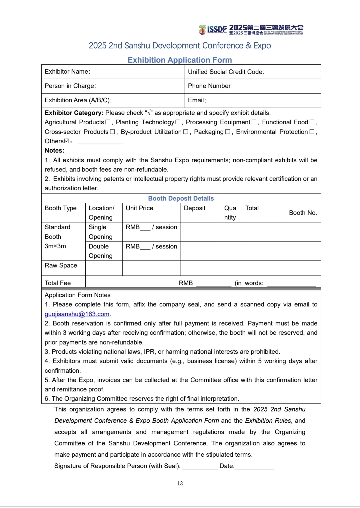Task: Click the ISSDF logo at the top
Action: coord(213,30)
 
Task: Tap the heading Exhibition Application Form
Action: coord(180,60)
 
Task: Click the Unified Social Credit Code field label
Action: coord(226,72)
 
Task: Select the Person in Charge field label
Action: coord(70,86)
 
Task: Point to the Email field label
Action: coord(197,100)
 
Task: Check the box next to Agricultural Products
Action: coord(108,122)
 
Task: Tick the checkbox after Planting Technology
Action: coord(178,122)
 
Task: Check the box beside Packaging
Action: coord(227,132)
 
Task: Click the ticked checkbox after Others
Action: coord(67,141)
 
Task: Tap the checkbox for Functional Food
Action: coord(312,122)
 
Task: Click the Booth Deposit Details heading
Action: coord(181,199)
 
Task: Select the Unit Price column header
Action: coord(139,208)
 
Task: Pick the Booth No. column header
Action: coord(303,213)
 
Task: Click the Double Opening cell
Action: coord(100,251)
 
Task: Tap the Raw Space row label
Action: coord(61,265)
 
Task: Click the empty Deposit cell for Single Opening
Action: coord(201,232)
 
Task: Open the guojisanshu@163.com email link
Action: coord(77,314)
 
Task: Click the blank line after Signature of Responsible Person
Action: coord(200,466)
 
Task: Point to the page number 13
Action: coord(180,484)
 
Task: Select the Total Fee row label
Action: coord(58,283)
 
